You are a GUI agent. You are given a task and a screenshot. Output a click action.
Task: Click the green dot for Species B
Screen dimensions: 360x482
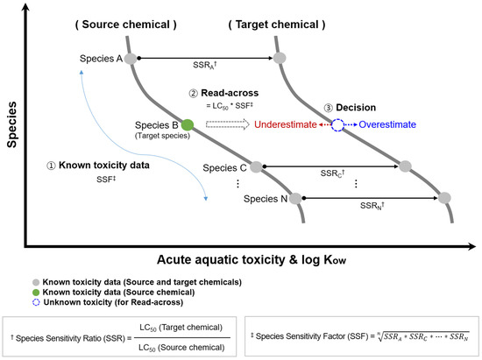188,124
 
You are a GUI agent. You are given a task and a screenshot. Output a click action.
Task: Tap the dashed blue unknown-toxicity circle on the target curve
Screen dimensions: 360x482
338,125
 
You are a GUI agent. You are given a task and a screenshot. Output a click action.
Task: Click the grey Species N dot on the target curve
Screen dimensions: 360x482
444,198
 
